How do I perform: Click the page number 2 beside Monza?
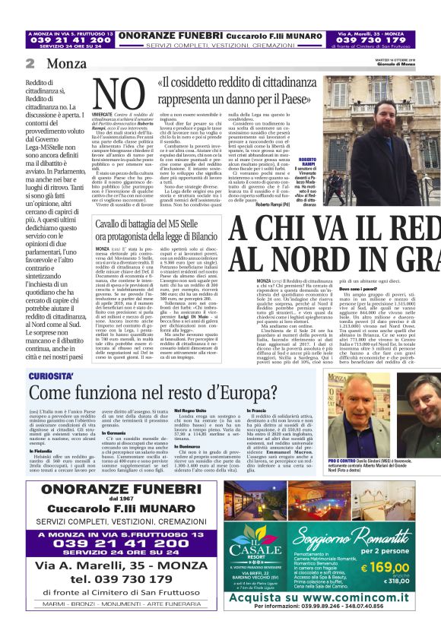point(30,64)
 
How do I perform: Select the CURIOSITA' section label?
point(52,376)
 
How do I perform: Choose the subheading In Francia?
point(257,410)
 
